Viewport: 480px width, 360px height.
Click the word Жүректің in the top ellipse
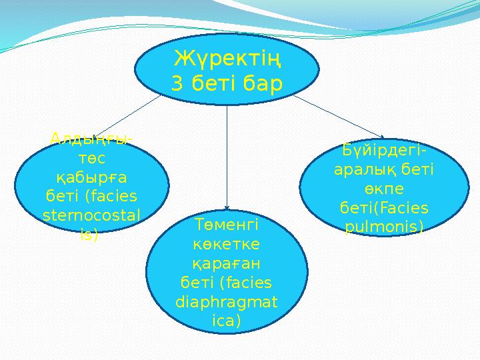coord(227,60)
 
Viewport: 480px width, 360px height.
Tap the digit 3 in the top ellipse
coord(177,85)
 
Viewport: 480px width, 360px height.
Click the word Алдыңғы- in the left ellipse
coord(91,139)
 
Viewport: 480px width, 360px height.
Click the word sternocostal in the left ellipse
coord(91,216)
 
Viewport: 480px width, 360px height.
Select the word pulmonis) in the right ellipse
coord(383,227)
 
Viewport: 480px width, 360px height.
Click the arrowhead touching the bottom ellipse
coord(227,207)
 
